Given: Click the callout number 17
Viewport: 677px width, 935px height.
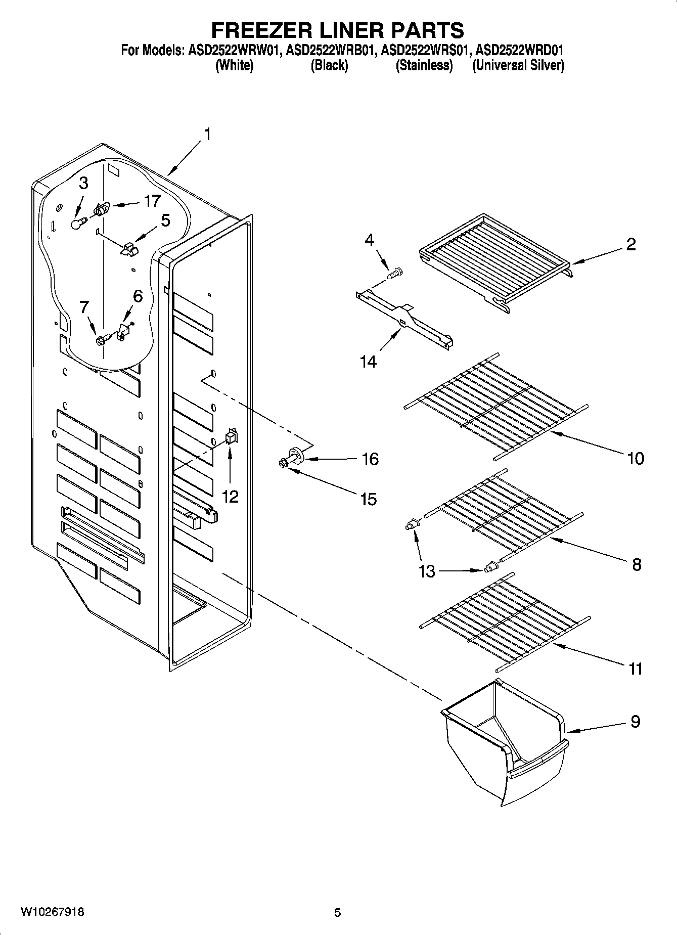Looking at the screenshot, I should (152, 201).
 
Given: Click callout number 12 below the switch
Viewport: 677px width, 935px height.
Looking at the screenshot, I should (230, 497).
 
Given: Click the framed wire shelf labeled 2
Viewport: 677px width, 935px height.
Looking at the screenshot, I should (495, 260).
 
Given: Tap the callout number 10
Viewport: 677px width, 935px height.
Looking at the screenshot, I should (635, 458).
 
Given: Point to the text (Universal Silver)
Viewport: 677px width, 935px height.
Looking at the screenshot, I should (518, 65).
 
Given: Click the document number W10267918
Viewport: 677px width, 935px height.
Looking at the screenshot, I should (53, 912).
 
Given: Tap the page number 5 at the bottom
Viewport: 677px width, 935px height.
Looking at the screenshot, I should (338, 912).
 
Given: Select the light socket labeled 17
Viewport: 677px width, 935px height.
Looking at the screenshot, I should (102, 209).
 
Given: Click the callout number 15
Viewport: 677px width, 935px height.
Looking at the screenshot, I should (369, 499).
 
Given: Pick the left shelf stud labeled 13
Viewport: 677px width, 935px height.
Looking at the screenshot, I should (413, 525).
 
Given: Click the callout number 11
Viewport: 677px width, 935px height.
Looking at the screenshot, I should (635, 669).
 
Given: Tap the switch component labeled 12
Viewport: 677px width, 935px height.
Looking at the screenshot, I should (231, 435).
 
